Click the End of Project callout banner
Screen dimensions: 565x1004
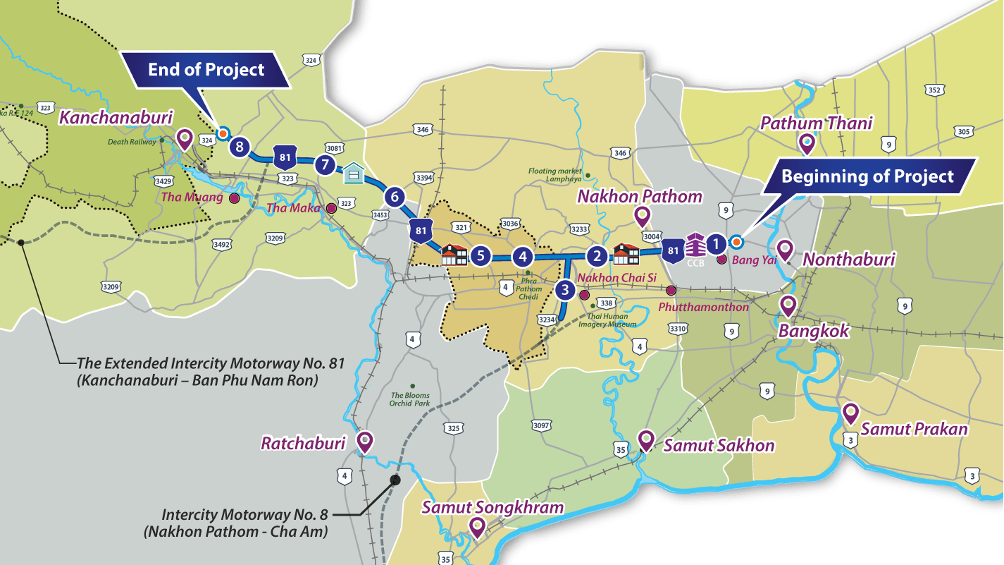point(206,70)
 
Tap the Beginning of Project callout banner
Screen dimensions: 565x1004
point(867,176)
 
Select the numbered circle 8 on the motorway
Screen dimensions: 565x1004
point(240,147)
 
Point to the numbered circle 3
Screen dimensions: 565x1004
point(564,289)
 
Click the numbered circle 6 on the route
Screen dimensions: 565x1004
point(394,197)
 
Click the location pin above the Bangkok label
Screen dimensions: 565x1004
point(787,305)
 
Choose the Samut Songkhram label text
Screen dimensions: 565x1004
point(492,507)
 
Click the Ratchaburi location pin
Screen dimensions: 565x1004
point(365,442)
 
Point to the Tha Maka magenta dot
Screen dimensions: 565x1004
point(331,208)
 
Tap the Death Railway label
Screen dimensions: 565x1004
point(132,141)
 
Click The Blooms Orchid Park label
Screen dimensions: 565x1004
point(411,399)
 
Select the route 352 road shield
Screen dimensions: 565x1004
point(934,90)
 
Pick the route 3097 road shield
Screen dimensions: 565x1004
point(541,426)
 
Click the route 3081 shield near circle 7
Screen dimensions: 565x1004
point(335,148)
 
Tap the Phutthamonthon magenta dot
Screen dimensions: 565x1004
point(671,290)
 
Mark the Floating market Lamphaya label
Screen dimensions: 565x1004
point(555,175)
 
